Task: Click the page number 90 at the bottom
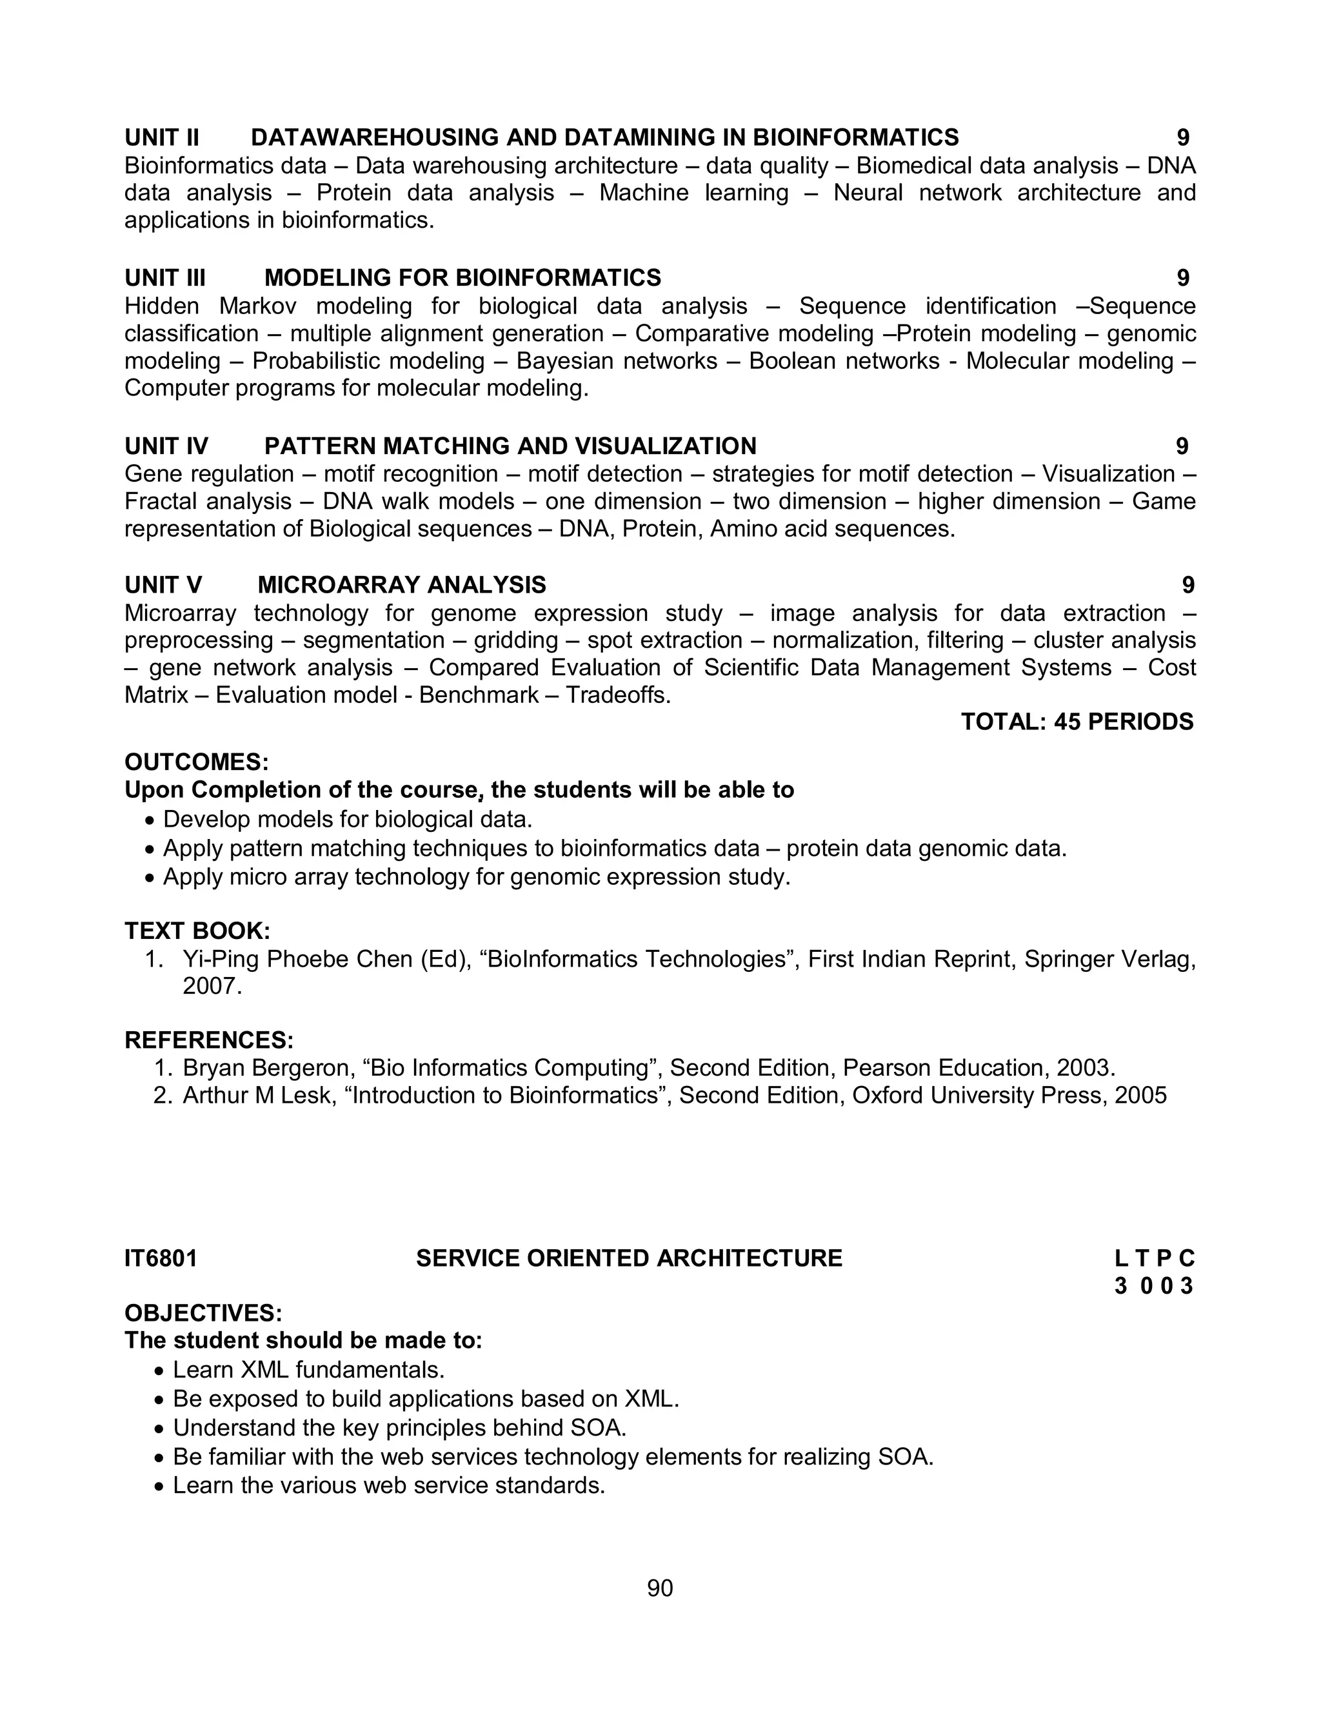tap(660, 1588)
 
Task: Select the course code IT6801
tap(161, 1258)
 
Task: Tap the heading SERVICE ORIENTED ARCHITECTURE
tap(628, 1258)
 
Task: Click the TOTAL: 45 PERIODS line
tap(1077, 722)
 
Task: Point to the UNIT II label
tap(162, 138)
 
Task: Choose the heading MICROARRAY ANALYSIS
tap(401, 586)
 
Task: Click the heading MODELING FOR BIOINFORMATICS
tap(462, 278)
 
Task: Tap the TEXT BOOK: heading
tap(197, 931)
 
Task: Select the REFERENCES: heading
tap(209, 1040)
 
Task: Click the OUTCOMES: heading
tap(197, 762)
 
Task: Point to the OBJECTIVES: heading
tap(203, 1312)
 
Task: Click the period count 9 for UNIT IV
tap(1182, 446)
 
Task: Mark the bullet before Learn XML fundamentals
tap(160, 1372)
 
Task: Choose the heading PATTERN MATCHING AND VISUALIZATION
tap(510, 446)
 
